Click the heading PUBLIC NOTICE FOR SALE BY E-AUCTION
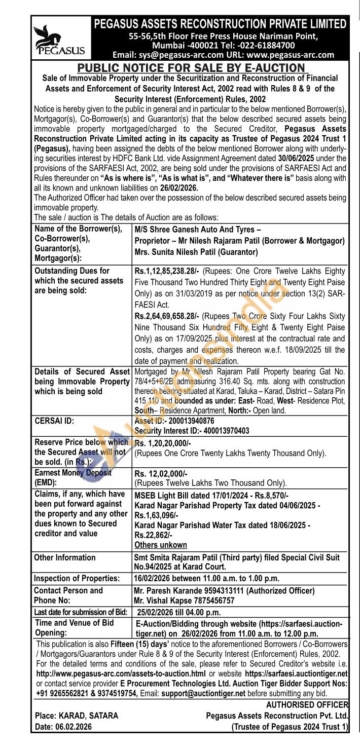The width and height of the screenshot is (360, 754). tap(192, 68)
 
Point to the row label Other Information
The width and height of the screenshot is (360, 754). tap(65, 558)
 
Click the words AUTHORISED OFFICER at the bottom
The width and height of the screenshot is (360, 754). tap(306, 705)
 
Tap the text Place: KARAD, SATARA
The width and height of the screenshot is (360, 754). tap(77, 716)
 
